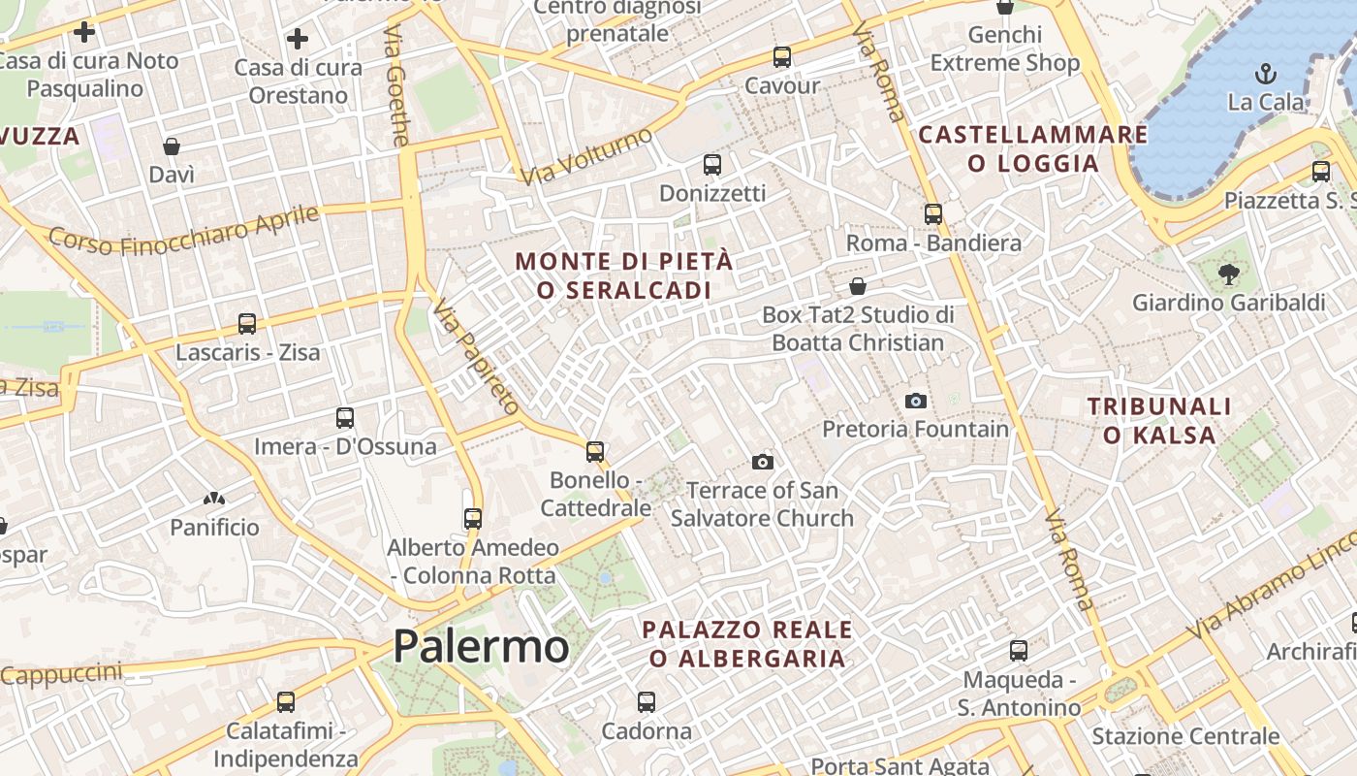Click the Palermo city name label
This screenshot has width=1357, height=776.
(x=481, y=646)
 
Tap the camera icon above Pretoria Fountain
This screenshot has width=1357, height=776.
(x=915, y=401)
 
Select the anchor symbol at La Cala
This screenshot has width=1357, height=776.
(x=1265, y=73)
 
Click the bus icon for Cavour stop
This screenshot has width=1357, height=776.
(x=781, y=57)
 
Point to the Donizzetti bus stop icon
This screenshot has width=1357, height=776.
(x=711, y=164)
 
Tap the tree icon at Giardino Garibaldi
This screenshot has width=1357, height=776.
(x=1229, y=275)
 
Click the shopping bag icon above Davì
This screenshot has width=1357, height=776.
(x=172, y=146)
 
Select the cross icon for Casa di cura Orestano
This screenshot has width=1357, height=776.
(x=298, y=39)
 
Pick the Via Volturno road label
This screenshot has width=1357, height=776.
(x=586, y=156)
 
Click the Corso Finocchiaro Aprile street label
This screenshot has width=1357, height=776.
(x=184, y=230)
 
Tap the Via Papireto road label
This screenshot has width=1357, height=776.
(x=476, y=356)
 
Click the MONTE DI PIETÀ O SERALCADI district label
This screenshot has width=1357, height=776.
(x=624, y=275)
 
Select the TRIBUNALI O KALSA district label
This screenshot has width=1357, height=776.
(x=1158, y=420)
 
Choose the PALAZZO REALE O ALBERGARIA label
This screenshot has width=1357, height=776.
(x=746, y=644)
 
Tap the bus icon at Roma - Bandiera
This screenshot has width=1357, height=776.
(x=932, y=214)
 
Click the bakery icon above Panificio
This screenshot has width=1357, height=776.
(x=214, y=500)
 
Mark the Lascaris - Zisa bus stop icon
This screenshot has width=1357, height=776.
(x=247, y=324)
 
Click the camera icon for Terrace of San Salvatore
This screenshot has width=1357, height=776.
(x=763, y=462)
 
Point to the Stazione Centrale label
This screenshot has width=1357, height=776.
(x=1185, y=736)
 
